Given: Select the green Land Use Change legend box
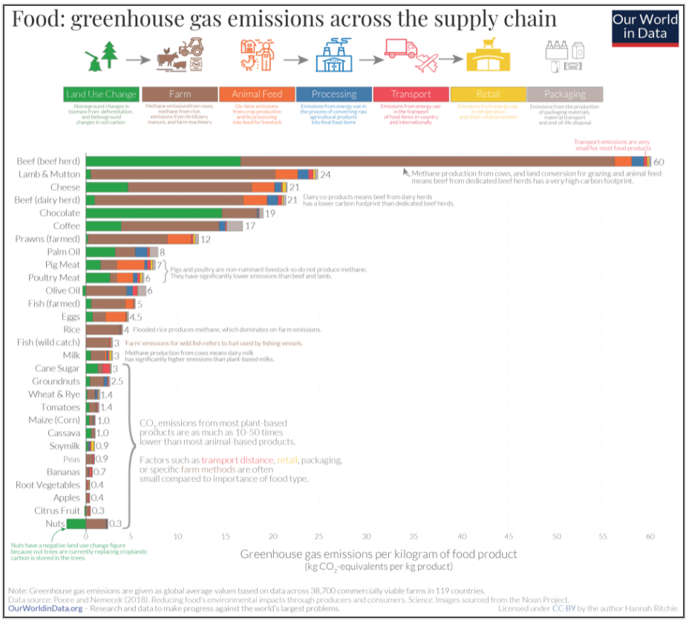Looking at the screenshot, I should pos(101,94).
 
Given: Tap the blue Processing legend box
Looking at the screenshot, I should pos(333,94).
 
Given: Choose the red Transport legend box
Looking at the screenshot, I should pos(411,94).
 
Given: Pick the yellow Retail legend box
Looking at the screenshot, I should pos(488,94).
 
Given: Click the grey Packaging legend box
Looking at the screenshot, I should pos(564,94).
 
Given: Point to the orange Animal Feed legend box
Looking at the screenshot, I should pos(257,94).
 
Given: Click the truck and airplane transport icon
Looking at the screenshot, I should pos(410,56).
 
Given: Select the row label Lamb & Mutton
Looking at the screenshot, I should pos(49,175).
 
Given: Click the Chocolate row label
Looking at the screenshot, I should pos(59,212).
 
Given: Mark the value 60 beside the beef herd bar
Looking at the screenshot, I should pos(658,162).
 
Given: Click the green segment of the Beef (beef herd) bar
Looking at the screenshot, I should pos(163,161).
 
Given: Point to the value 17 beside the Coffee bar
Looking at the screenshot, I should pos(250,225).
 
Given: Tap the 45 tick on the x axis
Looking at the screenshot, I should pos(509,536).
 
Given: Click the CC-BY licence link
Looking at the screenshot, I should pos(571,608).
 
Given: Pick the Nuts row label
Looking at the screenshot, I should pos(55,524).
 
